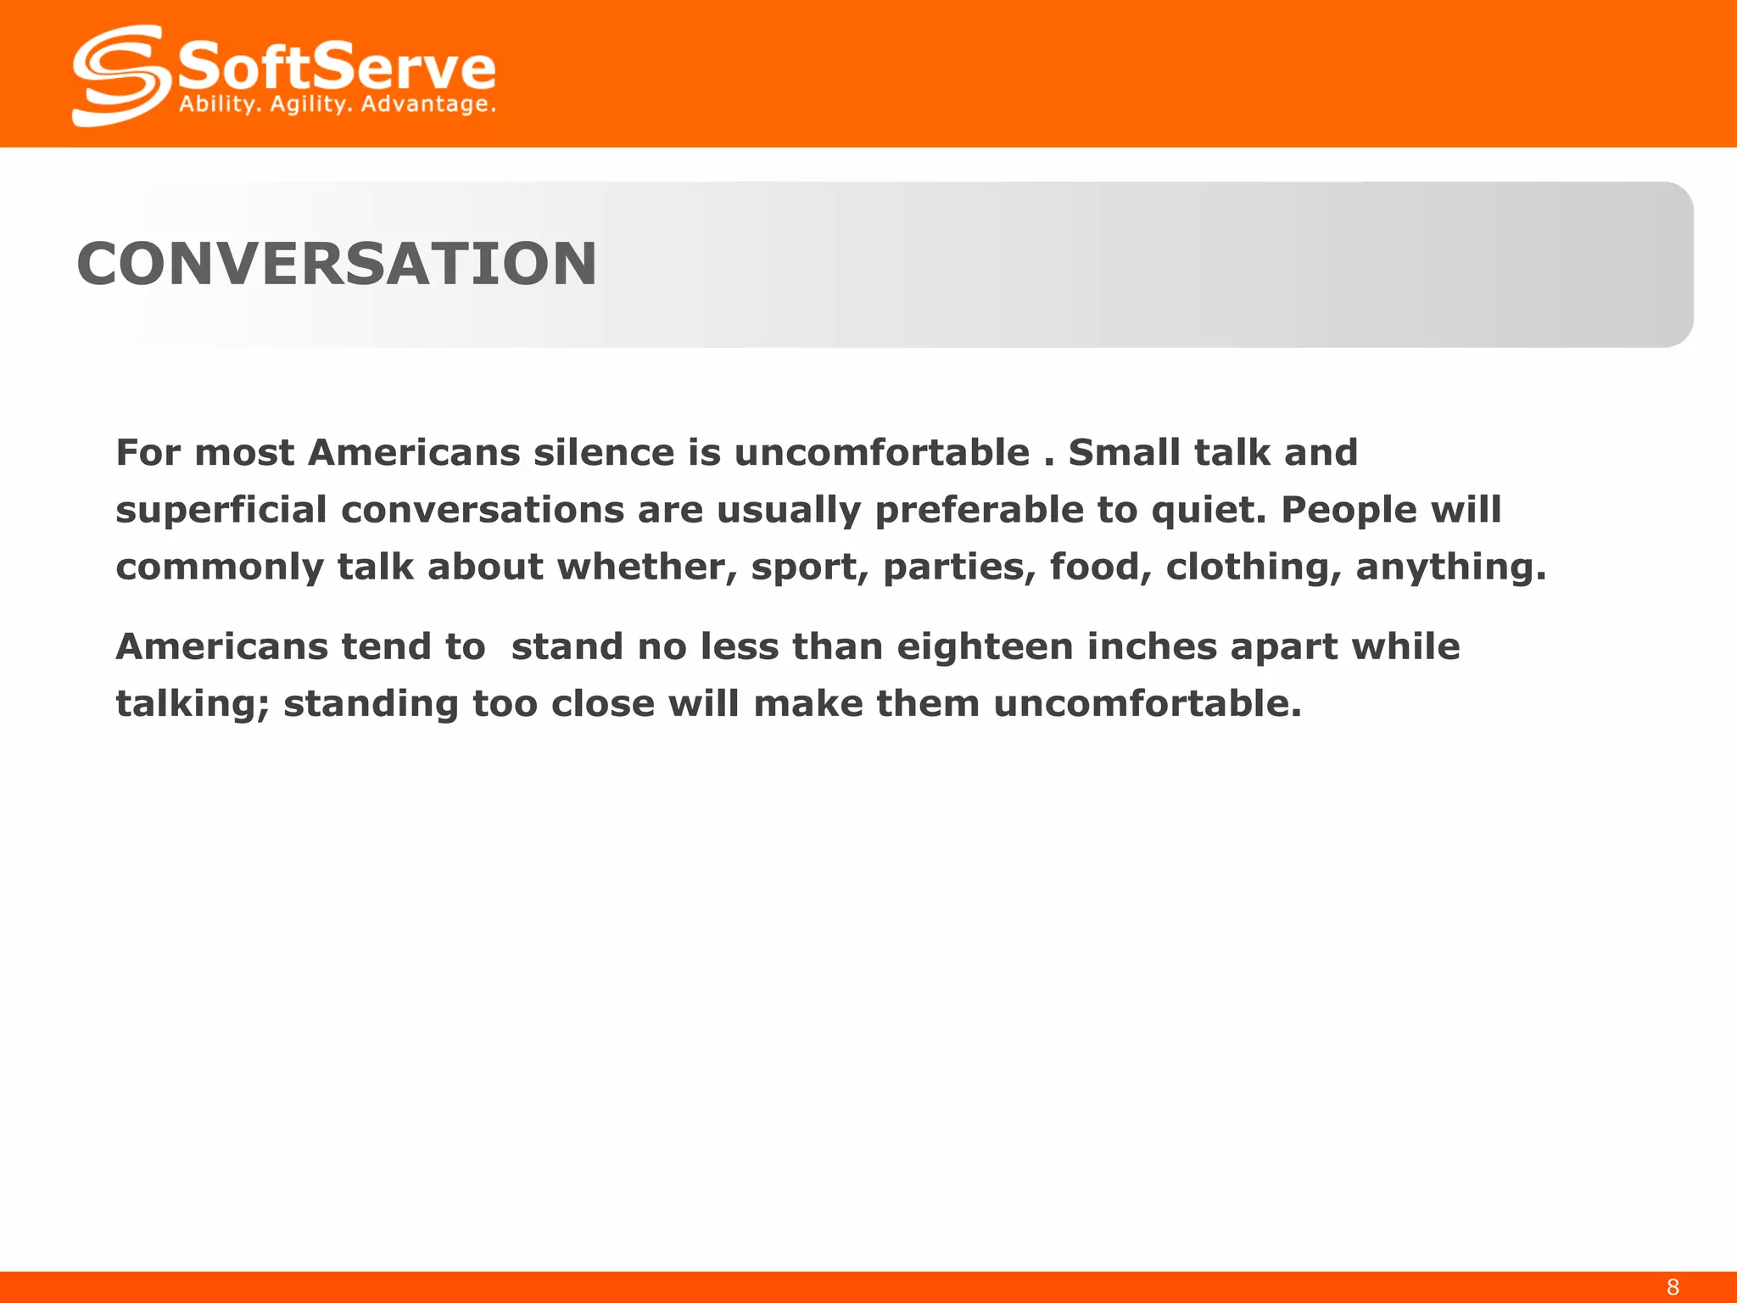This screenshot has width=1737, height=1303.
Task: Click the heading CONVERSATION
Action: pos(337,264)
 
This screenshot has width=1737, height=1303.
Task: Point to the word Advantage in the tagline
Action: pos(427,104)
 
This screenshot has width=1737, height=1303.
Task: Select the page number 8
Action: pos(1672,1287)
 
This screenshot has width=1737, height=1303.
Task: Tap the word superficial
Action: pos(221,510)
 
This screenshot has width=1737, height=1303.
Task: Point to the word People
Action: pos(1349,510)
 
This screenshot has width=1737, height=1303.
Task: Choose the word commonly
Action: pos(220,568)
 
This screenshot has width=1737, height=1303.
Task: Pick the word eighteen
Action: pos(985,647)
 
